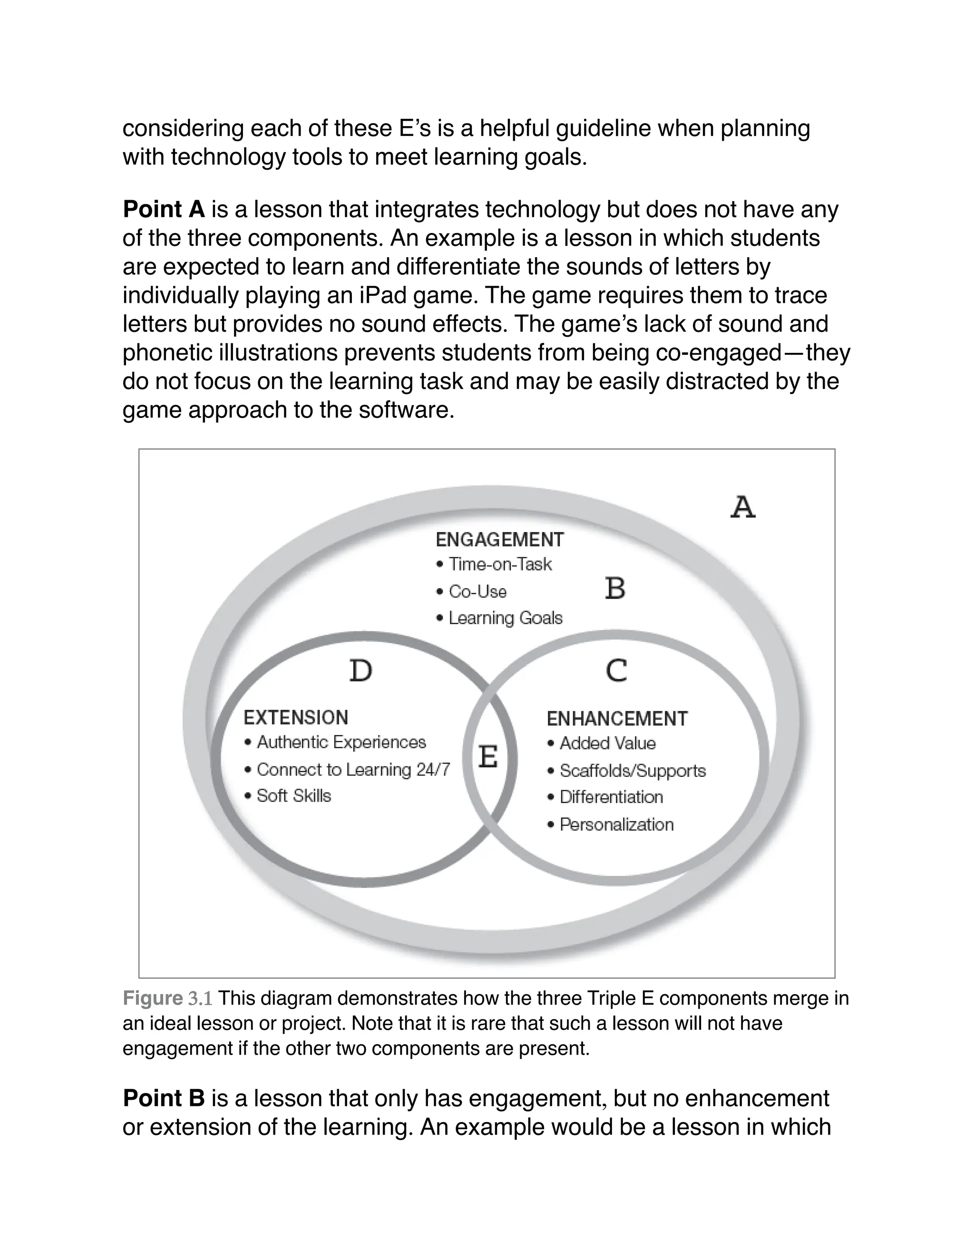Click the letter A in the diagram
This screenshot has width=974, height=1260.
[x=742, y=507]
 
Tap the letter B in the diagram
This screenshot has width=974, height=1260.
[x=615, y=589]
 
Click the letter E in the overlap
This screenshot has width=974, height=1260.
[x=488, y=756]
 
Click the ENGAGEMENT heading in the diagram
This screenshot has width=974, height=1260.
[x=499, y=540]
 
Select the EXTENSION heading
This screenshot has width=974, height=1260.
[x=296, y=717]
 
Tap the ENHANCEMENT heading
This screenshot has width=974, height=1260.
[x=617, y=719]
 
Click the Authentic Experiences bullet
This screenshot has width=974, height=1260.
[x=341, y=742]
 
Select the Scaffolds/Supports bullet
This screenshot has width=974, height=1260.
[x=633, y=771]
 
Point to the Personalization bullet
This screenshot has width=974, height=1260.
[x=616, y=824]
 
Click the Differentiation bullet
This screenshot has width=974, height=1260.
[x=611, y=797]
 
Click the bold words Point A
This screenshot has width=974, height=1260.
[x=164, y=209]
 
